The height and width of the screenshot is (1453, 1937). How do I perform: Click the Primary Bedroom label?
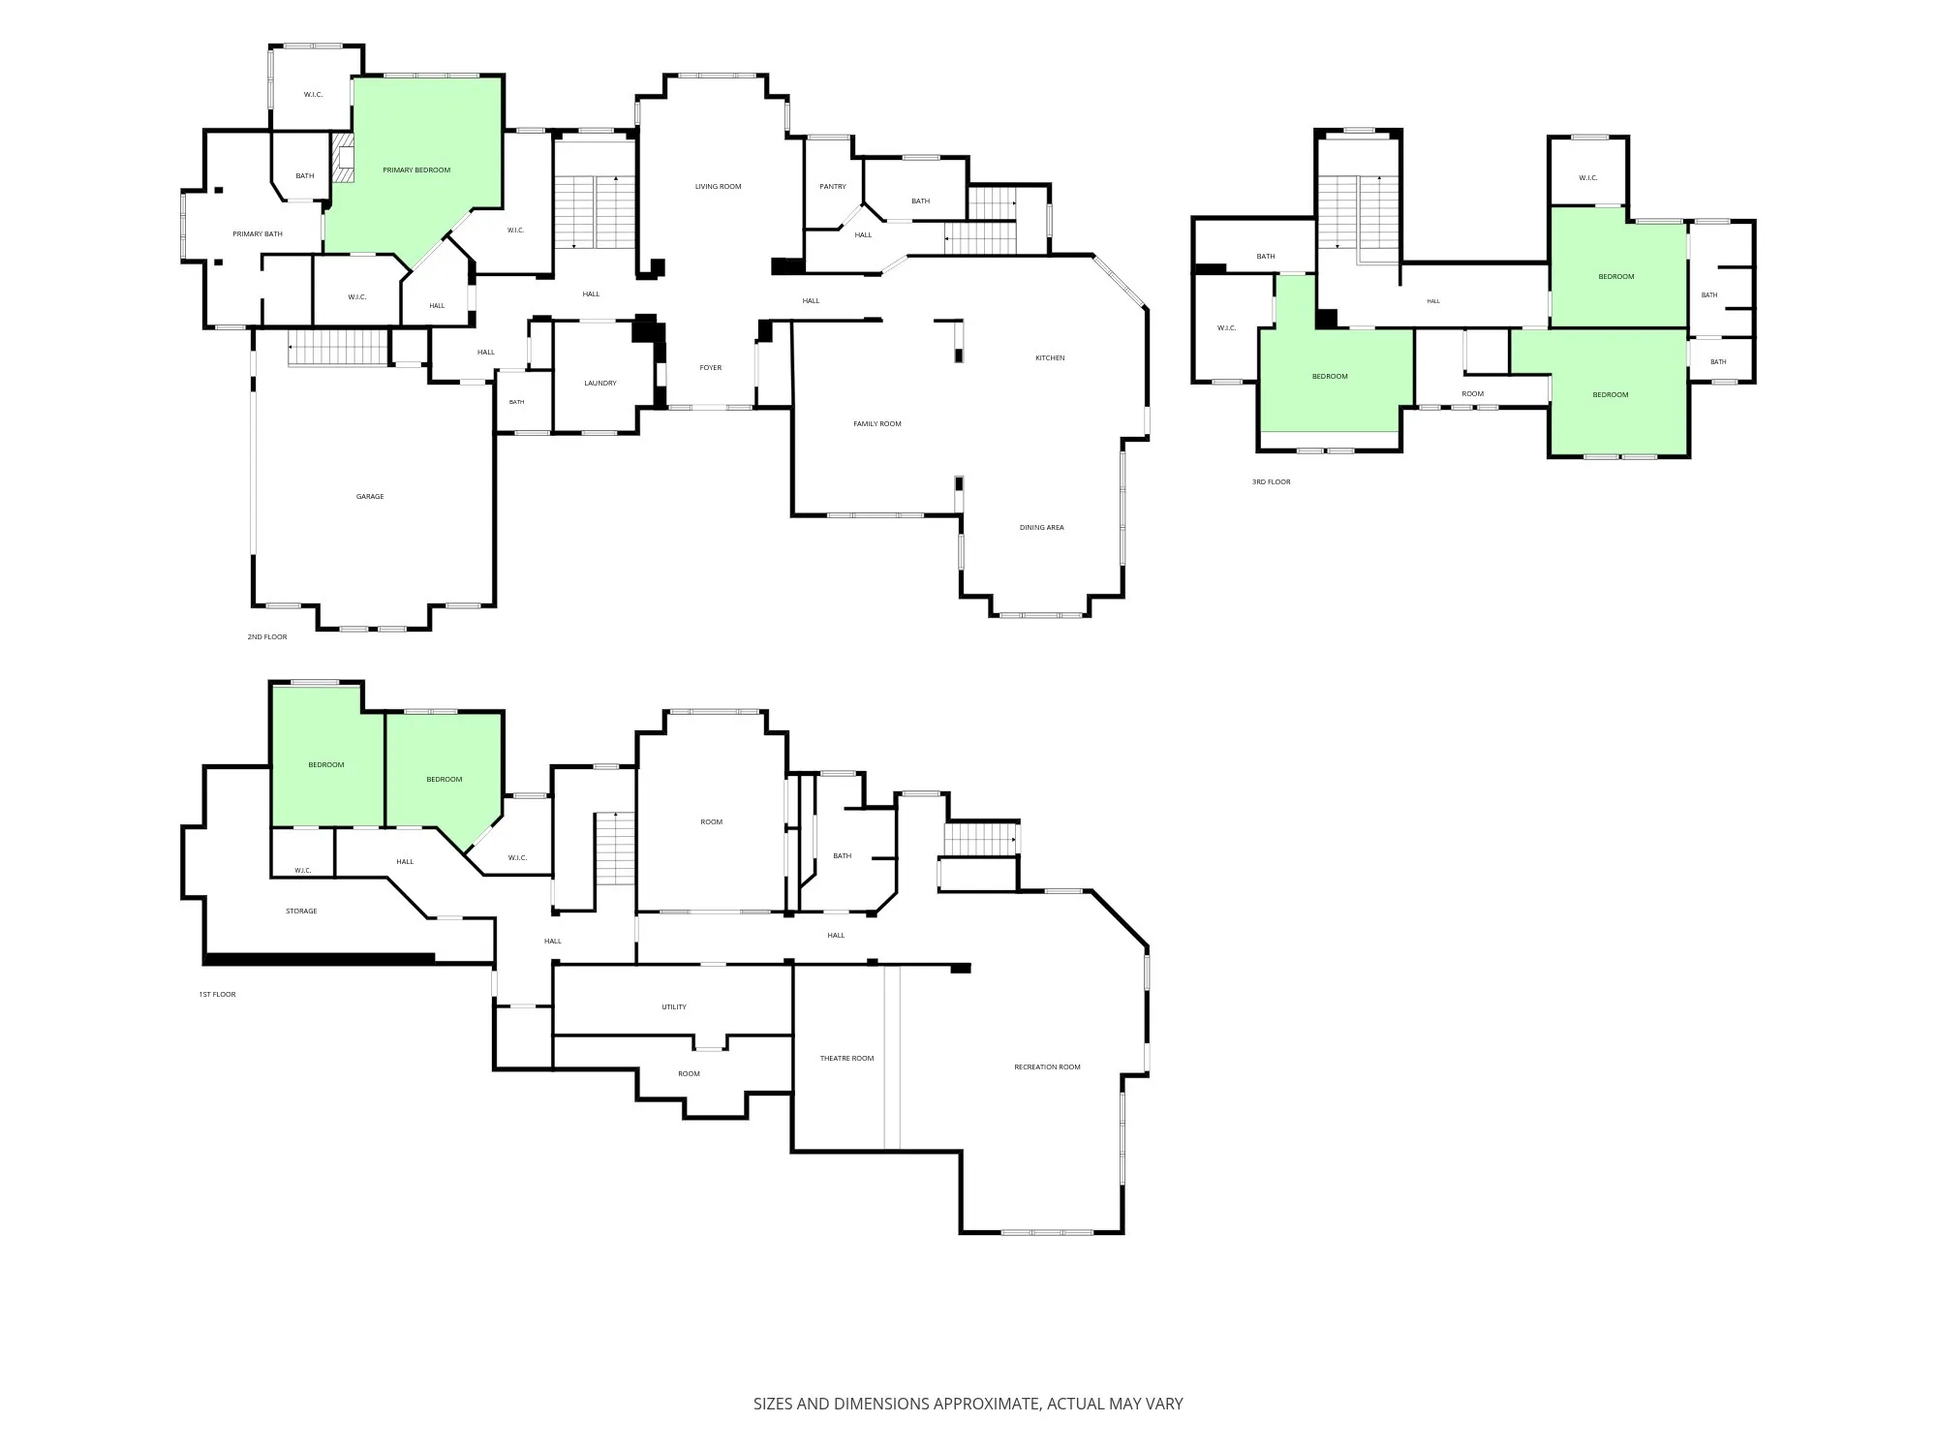click(416, 170)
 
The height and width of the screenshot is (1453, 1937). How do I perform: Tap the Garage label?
click(370, 497)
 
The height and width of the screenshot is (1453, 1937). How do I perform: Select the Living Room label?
click(718, 187)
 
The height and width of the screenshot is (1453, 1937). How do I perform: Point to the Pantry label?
click(833, 187)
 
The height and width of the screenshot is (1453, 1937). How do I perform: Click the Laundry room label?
click(600, 384)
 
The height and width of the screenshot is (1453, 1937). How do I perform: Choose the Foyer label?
click(711, 368)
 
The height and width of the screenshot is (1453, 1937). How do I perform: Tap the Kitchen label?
click(1050, 358)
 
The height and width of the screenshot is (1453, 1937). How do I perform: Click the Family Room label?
click(877, 424)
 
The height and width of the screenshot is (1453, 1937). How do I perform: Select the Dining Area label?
click(1042, 528)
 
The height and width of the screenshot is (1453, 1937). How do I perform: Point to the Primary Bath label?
click(258, 234)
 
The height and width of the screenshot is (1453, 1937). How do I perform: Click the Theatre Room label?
click(847, 1059)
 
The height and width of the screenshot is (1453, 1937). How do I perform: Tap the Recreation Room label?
click(1047, 1067)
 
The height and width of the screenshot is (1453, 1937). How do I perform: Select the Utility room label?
click(674, 1007)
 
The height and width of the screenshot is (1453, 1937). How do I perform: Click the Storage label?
click(301, 912)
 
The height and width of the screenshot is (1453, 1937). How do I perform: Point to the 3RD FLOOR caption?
click(1271, 482)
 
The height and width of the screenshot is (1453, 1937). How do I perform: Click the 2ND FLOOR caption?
click(267, 637)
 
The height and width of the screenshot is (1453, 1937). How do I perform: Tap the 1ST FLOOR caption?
click(217, 995)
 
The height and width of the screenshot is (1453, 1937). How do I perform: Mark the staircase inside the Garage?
click(338, 348)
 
